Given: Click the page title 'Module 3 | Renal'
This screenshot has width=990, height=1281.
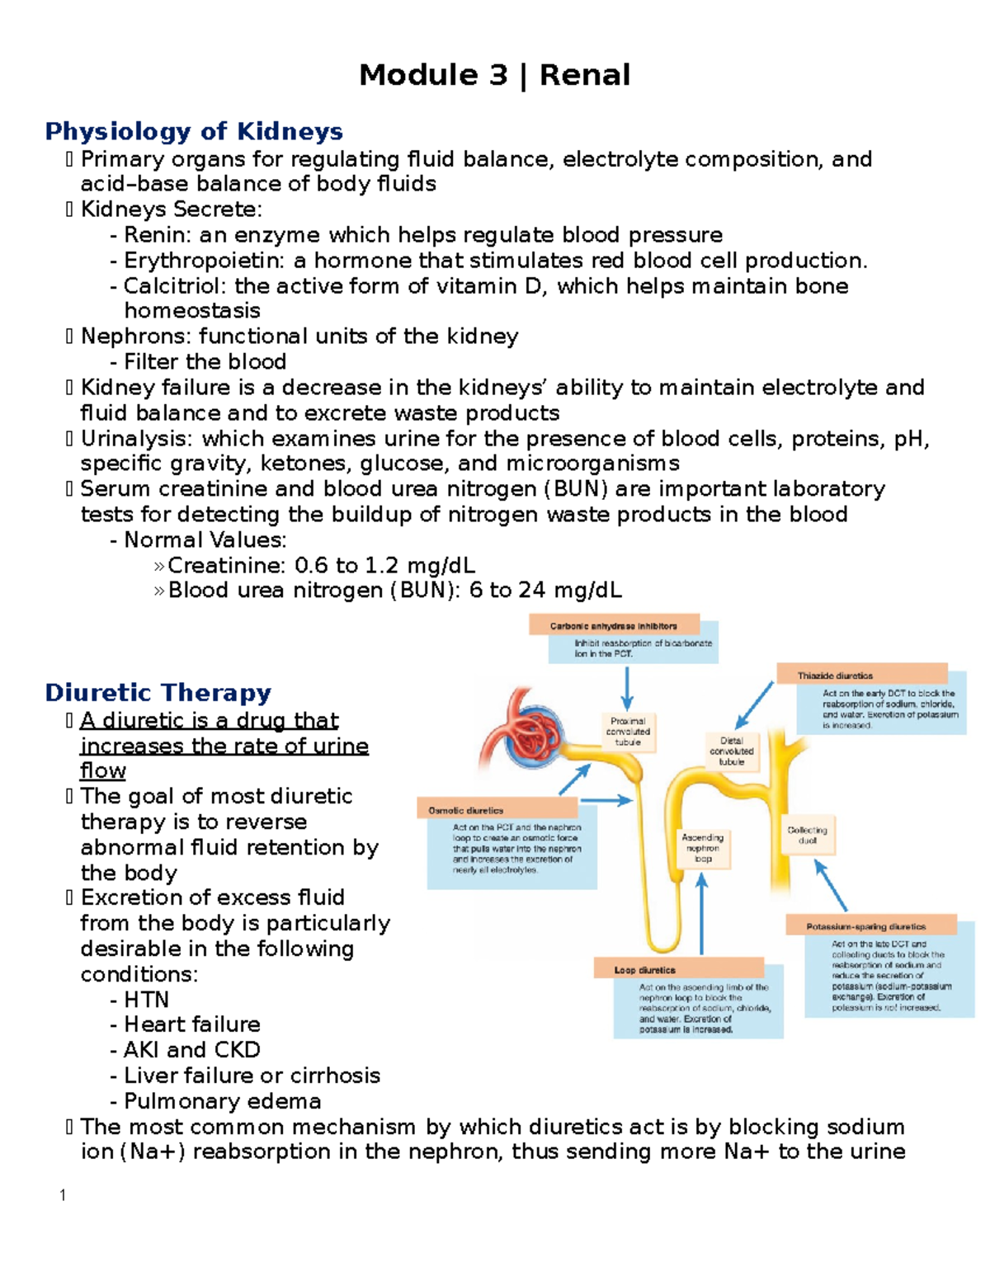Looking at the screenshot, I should tap(494, 75).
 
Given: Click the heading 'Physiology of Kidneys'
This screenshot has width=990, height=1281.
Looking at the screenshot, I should tap(194, 131).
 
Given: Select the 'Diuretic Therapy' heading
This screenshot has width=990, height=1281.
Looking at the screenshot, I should tap(158, 693).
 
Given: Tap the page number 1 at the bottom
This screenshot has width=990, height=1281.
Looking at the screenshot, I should tap(63, 1195).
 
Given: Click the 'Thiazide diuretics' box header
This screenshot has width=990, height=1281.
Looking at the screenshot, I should tap(835, 676).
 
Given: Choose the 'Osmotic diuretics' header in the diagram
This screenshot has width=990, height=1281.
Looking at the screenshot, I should tap(466, 811).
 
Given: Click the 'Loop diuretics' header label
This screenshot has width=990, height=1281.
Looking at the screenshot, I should tap(644, 970).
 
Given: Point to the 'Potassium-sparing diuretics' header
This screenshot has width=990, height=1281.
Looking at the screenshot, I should tap(866, 926).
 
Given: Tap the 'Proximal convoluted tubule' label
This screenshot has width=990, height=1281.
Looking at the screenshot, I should tap(628, 731).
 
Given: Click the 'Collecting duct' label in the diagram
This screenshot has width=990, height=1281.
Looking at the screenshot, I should tap(807, 835).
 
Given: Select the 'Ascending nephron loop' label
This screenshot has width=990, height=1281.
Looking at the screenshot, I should tap(702, 848).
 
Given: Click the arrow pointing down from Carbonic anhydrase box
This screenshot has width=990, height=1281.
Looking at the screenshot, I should tap(627, 688).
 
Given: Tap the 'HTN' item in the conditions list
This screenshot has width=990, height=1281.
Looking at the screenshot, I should tap(146, 1000).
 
